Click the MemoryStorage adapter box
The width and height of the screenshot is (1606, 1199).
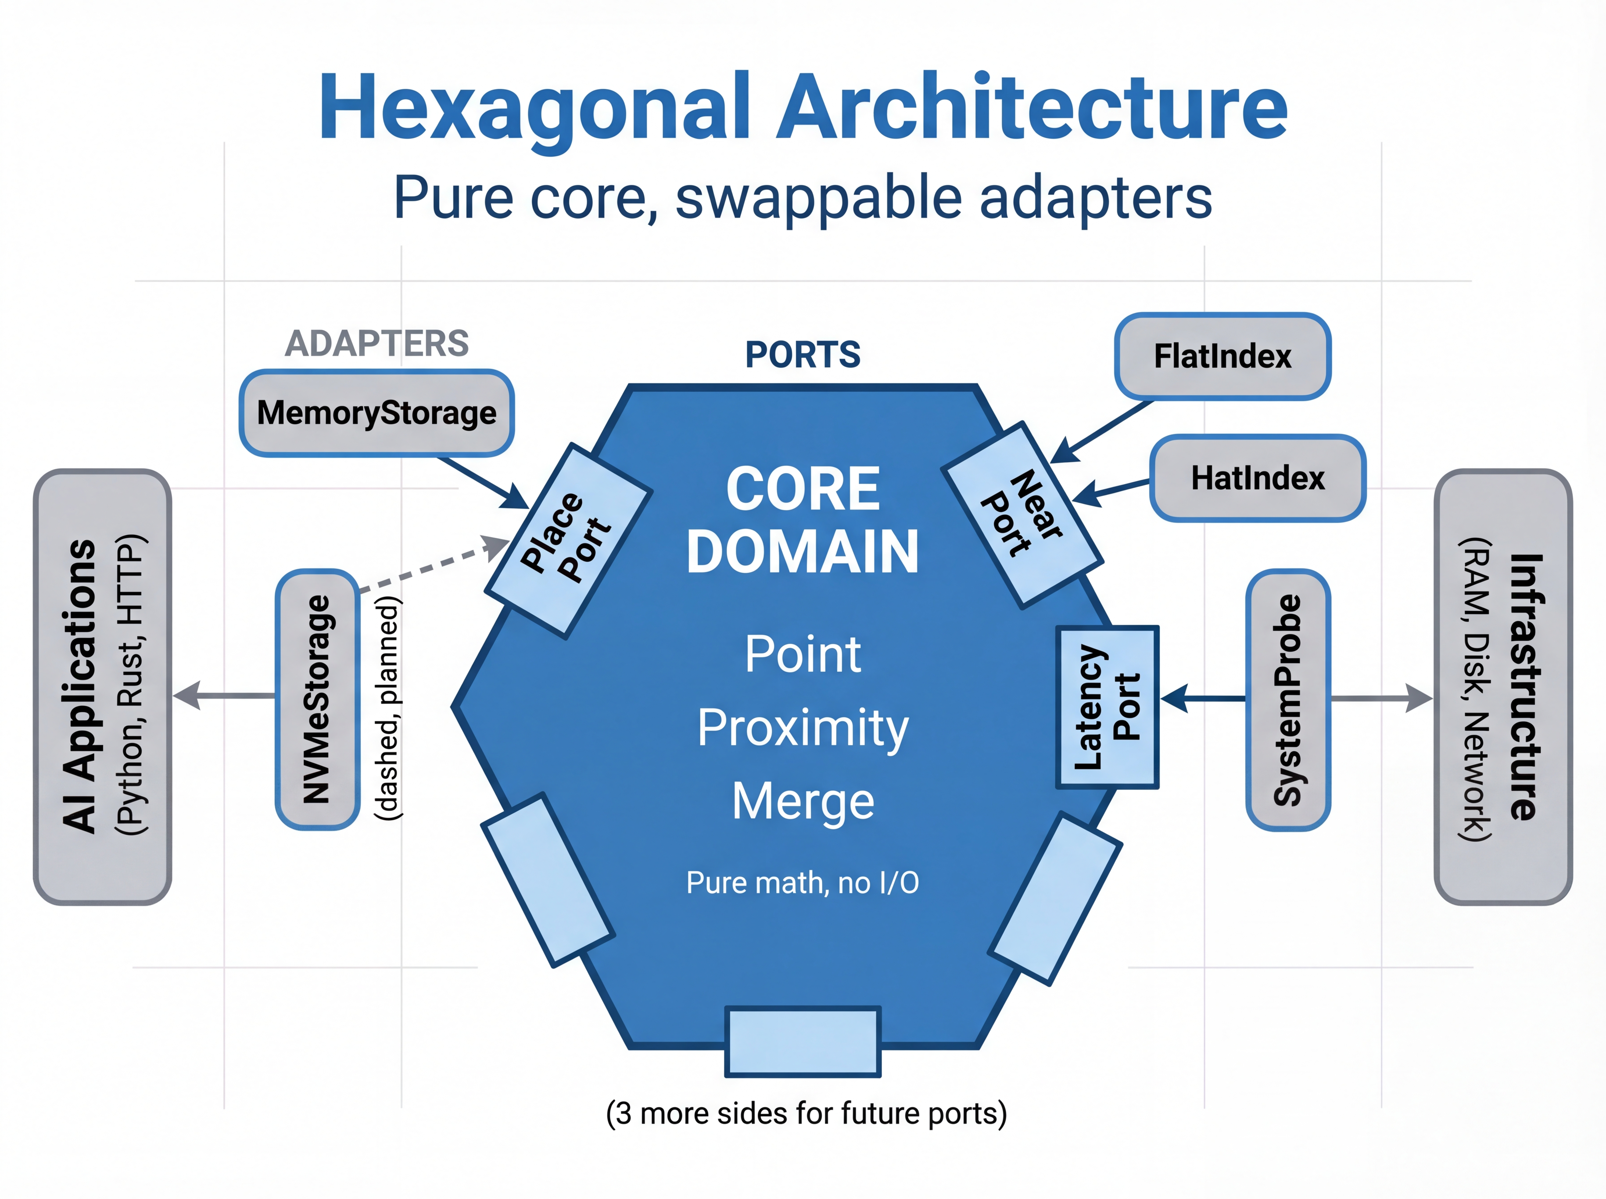pos(377,413)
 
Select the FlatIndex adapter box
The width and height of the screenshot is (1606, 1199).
pos(1222,356)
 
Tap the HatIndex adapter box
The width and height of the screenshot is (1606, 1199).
pos(1258,478)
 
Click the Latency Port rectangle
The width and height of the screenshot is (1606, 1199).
pos(1107,707)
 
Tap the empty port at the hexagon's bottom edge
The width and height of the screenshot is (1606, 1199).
pos(803,1041)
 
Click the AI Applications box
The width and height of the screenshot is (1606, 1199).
pos(102,686)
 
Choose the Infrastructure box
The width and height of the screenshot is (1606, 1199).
pos(1503,686)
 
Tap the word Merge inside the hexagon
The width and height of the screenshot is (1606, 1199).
pos(803,801)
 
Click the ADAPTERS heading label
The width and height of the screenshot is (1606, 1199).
pos(377,343)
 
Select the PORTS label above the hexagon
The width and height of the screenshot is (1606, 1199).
pos(803,355)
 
